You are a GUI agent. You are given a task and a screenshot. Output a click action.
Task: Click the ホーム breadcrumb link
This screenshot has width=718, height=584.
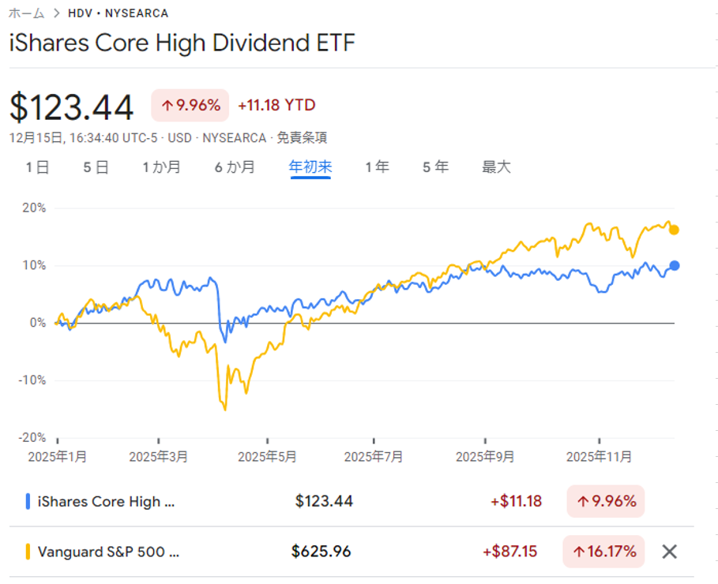(x=26, y=13)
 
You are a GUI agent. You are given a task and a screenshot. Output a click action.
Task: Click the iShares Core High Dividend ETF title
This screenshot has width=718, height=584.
(x=182, y=43)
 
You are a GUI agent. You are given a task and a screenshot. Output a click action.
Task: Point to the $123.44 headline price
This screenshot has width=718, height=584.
(x=72, y=107)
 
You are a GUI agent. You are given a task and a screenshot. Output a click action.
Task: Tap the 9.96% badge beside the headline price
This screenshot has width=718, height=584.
(x=190, y=105)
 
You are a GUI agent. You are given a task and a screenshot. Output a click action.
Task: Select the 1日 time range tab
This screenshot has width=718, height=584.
(x=37, y=167)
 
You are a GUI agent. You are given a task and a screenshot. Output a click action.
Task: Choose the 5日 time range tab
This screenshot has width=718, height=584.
(x=96, y=167)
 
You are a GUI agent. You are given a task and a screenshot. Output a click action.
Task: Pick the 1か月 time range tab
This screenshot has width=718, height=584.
(x=161, y=167)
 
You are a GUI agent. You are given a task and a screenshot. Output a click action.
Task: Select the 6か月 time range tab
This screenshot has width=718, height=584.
(x=235, y=167)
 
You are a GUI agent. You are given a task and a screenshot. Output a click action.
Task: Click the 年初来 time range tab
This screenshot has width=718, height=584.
(x=310, y=167)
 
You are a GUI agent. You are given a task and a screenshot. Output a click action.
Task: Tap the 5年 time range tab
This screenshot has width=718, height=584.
(x=435, y=167)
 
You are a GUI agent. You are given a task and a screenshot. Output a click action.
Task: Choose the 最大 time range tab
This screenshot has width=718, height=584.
(x=497, y=167)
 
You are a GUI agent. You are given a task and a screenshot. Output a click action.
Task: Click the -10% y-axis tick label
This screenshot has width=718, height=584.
(x=32, y=380)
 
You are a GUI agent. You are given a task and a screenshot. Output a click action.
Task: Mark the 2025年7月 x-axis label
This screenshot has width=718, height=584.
(x=374, y=457)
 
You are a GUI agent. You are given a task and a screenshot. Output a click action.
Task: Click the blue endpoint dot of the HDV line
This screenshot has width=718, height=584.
(x=674, y=266)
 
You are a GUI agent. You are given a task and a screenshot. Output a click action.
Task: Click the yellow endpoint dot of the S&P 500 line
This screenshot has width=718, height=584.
(x=674, y=230)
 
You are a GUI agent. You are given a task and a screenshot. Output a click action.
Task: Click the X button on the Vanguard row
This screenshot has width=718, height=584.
(x=669, y=552)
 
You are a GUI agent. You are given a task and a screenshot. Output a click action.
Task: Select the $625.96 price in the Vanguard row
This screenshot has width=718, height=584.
(x=321, y=552)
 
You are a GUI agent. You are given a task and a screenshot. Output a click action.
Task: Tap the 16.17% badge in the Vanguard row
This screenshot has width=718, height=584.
(x=603, y=552)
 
